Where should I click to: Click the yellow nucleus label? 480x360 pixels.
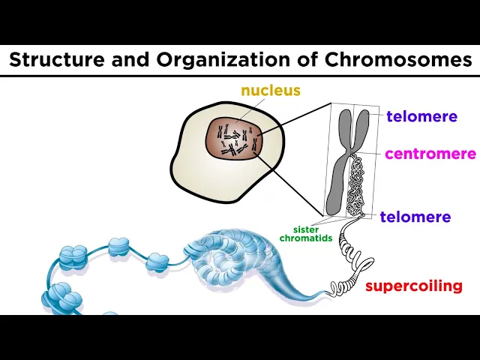click(x=270, y=91)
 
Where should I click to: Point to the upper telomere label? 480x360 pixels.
click(x=421, y=116)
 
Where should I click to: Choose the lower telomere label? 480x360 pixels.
click(x=415, y=217)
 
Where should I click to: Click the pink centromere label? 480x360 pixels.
click(x=430, y=154)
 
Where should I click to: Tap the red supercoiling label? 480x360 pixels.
click(x=413, y=286)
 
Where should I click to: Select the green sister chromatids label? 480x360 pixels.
click(x=306, y=234)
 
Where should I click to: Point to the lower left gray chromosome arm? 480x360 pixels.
click(x=339, y=187)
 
